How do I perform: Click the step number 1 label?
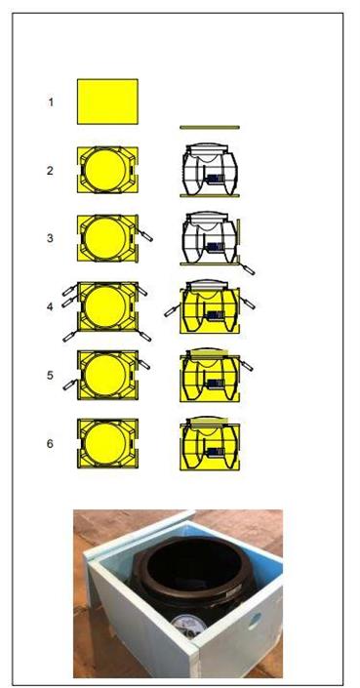click(51, 102)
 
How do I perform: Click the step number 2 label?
click(50, 171)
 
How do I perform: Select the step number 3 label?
click(50, 238)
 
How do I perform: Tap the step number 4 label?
click(50, 306)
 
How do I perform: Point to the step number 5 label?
click(50, 375)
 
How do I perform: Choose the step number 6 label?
click(50, 444)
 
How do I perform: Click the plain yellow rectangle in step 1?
click(107, 101)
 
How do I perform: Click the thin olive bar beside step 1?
click(210, 127)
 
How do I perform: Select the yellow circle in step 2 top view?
click(105, 170)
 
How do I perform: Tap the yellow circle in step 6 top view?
click(105, 444)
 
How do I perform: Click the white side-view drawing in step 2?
click(210, 170)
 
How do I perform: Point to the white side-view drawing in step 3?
click(211, 238)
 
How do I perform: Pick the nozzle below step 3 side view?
click(248, 269)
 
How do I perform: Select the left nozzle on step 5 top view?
click(69, 385)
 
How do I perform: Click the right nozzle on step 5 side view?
click(247, 365)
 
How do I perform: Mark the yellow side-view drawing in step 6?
click(210, 444)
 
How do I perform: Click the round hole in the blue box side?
click(255, 622)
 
